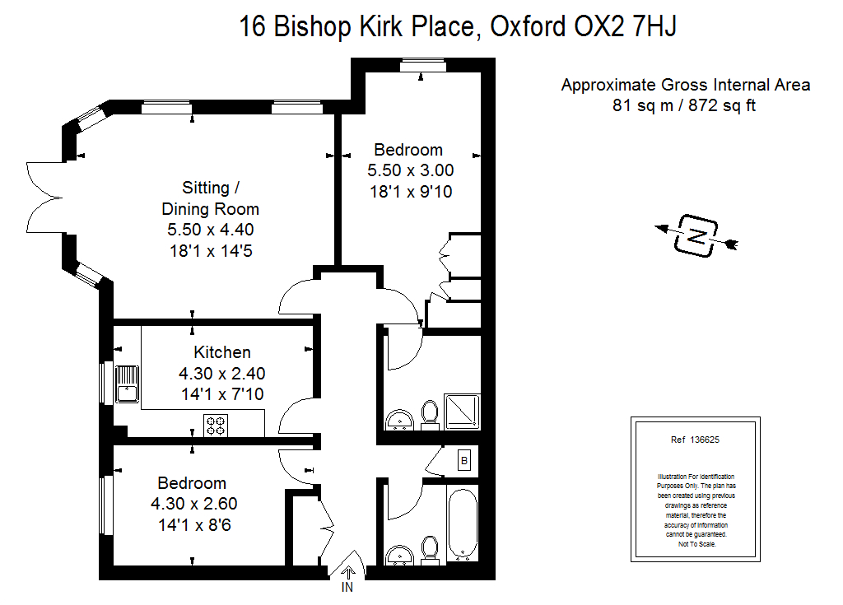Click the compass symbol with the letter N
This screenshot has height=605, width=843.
tap(696, 236)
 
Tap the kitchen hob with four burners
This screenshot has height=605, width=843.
tap(216, 426)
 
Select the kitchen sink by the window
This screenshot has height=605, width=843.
tap(128, 384)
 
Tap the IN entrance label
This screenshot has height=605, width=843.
tap(347, 588)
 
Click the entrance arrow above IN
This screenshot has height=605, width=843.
tap(347, 570)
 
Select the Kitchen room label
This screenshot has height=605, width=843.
tap(222, 352)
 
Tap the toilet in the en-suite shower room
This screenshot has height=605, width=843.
tap(430, 415)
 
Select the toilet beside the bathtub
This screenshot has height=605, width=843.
tap(429, 548)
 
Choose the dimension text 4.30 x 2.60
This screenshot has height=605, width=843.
tap(194, 504)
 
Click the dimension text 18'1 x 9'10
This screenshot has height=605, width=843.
tap(410, 193)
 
